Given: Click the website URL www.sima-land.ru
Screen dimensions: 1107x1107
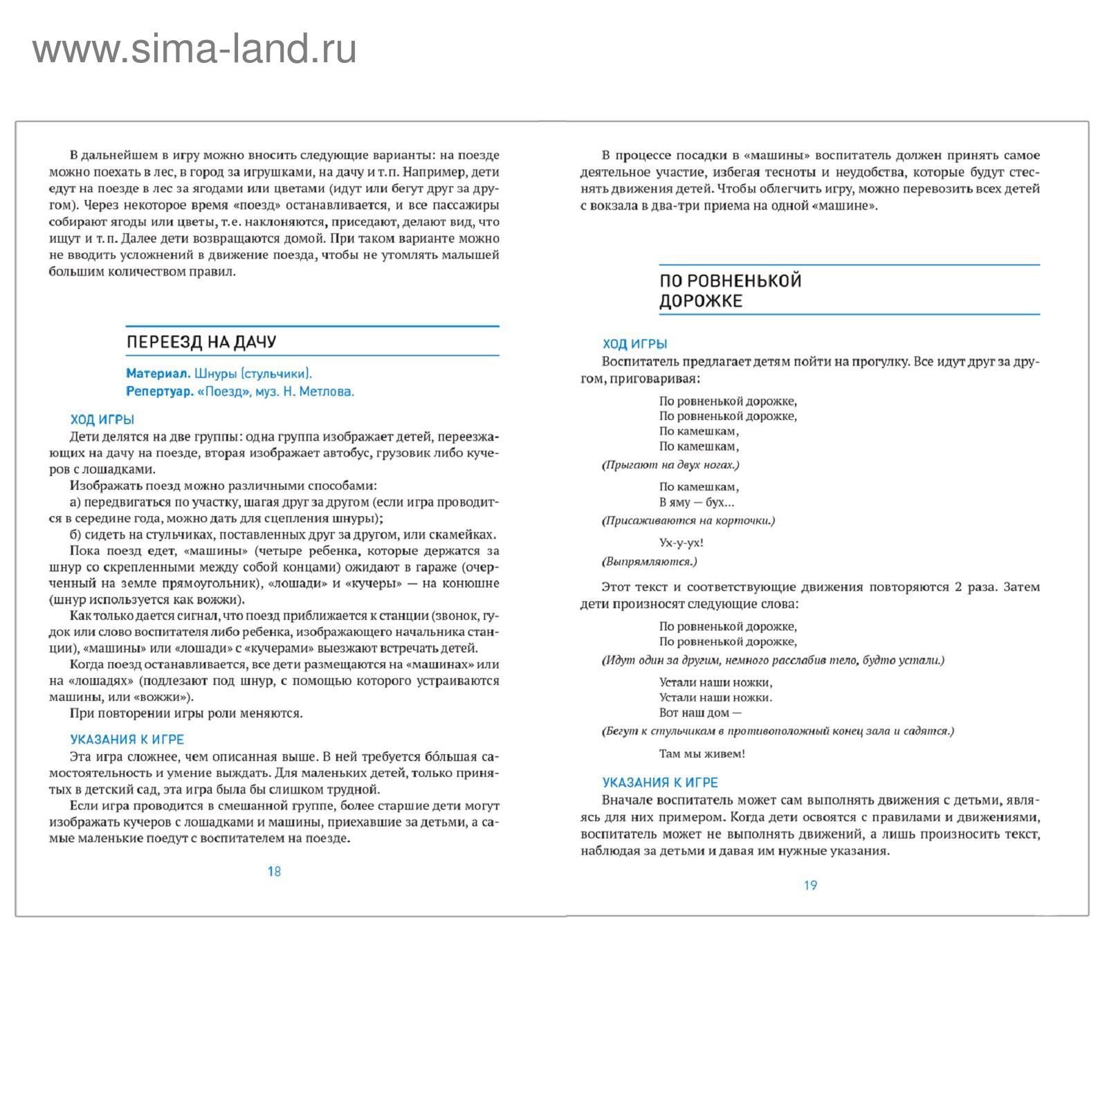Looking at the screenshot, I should (194, 50).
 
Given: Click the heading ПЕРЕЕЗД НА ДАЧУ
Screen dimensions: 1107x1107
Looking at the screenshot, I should (201, 342).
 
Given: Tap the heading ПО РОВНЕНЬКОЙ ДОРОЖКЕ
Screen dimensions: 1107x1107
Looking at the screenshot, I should (730, 291).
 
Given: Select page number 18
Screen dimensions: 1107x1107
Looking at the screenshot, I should (274, 872).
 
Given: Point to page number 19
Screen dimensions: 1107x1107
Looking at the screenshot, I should (810, 886).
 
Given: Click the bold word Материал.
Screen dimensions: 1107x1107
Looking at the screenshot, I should (158, 374).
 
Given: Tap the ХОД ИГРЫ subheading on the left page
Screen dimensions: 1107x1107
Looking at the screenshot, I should (102, 420).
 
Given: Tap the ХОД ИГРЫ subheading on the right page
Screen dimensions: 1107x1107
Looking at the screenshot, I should (634, 344).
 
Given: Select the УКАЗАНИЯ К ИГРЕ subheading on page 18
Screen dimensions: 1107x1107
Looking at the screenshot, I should (127, 740).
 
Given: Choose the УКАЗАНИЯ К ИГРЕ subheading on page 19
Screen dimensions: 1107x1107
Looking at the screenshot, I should (660, 783).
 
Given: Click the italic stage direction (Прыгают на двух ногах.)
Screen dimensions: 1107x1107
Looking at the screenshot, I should (670, 465).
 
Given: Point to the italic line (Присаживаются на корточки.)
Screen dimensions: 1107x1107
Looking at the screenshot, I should (688, 520).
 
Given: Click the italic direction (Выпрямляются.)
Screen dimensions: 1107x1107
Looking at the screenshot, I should (650, 561).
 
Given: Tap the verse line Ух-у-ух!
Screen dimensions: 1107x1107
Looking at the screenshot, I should (681, 543).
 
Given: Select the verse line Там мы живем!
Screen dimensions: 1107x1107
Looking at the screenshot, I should (702, 754).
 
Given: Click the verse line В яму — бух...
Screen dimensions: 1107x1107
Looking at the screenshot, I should (697, 502).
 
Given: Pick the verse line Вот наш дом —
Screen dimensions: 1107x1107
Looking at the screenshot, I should (700, 713).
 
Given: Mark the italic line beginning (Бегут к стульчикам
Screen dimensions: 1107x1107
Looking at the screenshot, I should (778, 731).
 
